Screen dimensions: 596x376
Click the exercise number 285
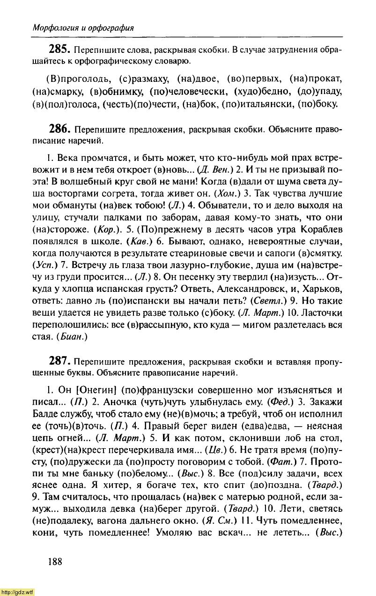tap(60, 49)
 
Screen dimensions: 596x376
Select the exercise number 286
tap(60, 129)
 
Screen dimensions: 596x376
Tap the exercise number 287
tap(60, 362)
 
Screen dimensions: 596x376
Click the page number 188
tap(55, 562)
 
